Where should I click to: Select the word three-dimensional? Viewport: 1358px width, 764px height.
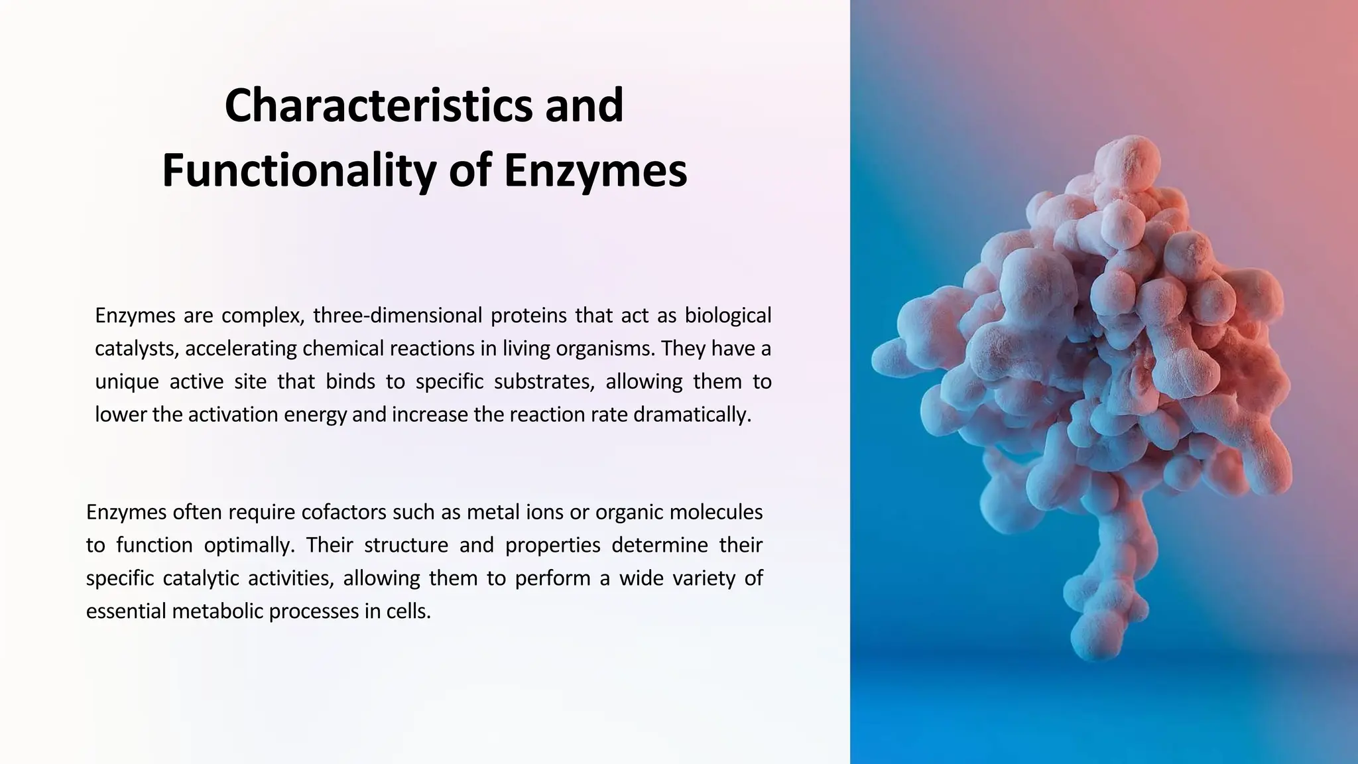(397, 316)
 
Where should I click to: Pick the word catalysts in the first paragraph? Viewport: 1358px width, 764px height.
(135, 349)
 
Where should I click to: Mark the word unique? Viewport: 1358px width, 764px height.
(127, 382)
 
